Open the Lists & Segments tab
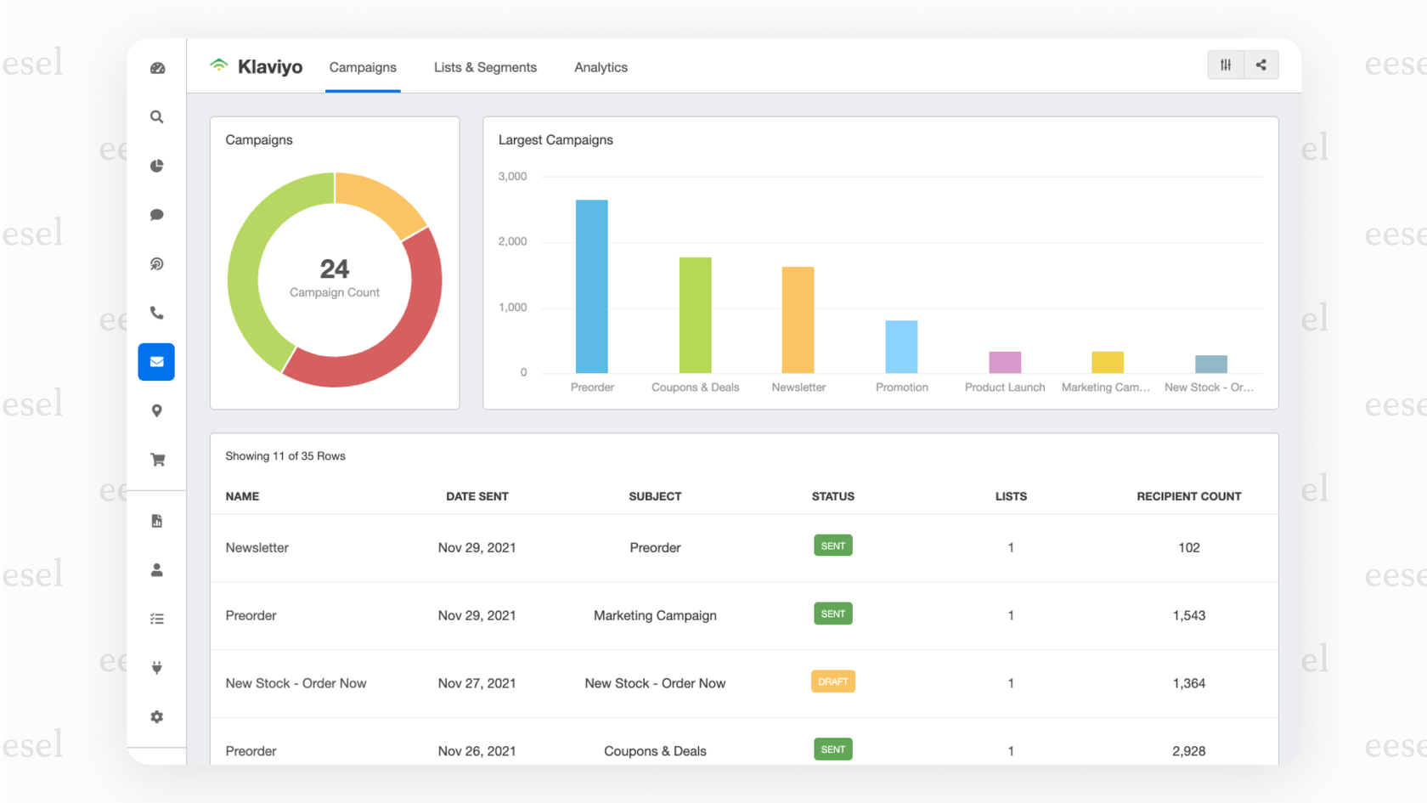[485, 67]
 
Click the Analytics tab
[601, 67]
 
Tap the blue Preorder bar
[591, 287]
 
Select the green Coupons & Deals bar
[695, 315]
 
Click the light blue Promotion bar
[901, 347]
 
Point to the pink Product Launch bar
[1005, 362]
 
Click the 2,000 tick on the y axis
[512, 241]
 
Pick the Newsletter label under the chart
[798, 387]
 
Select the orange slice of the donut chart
[377, 201]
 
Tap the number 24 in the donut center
[335, 269]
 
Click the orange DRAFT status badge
[832, 681]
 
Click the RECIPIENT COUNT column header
[1188, 496]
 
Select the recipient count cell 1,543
[1188, 615]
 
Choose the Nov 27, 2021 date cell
[477, 683]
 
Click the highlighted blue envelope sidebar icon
[156, 362]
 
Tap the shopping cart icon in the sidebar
[157, 460]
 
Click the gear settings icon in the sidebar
[157, 717]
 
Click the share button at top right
[1261, 65]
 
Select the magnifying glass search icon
[157, 117]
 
